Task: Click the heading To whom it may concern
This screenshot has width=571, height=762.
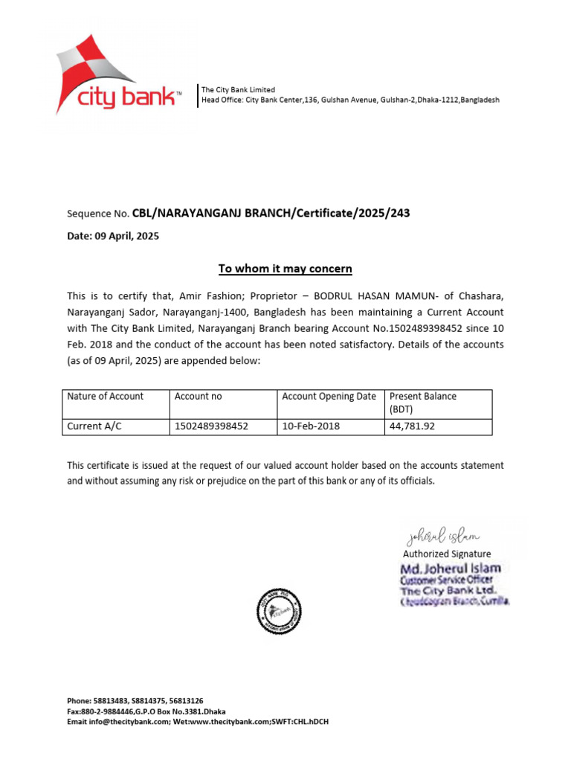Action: pyautogui.click(x=285, y=269)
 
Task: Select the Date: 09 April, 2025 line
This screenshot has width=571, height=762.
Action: pyautogui.click(x=113, y=237)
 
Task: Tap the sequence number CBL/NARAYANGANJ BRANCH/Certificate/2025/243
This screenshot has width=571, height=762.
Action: pyautogui.click(x=271, y=214)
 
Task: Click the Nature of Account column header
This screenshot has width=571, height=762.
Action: pyautogui.click(x=106, y=397)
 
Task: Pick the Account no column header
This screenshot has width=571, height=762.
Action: pyautogui.click(x=199, y=397)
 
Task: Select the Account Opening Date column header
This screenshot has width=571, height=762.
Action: pyautogui.click(x=329, y=397)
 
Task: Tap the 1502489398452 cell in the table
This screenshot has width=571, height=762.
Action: pyautogui.click(x=211, y=426)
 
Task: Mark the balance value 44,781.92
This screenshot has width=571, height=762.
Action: pyautogui.click(x=412, y=426)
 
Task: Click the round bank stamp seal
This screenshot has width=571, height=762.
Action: pyautogui.click(x=279, y=611)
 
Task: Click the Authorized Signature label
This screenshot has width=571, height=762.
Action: pyautogui.click(x=447, y=554)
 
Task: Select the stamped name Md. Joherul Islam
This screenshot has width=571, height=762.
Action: pyautogui.click(x=451, y=569)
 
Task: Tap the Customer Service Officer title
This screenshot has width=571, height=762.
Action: pyautogui.click(x=447, y=580)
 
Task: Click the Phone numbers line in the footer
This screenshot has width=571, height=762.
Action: pyautogui.click(x=135, y=701)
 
